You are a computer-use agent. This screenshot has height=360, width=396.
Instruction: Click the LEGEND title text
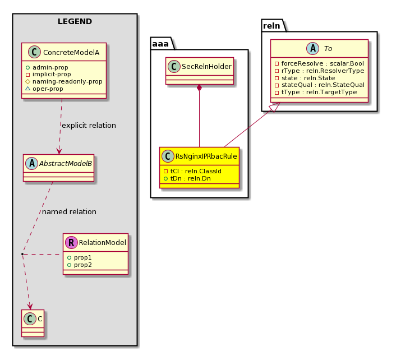pyautogui.click(x=75, y=21)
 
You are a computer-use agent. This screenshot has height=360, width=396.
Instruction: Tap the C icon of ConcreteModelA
pyautogui.click(x=34, y=52)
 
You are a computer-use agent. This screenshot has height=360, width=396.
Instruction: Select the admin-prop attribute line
pyautogui.click(x=47, y=67)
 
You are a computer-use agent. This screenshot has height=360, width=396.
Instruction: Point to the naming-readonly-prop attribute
pyautogui.click(x=64, y=81)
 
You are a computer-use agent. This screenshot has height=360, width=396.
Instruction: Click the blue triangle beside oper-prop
pyautogui.click(x=28, y=89)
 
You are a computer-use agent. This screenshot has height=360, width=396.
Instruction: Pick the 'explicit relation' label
pyautogui.click(x=89, y=126)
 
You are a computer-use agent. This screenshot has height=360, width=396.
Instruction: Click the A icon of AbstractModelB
pyautogui.click(x=32, y=163)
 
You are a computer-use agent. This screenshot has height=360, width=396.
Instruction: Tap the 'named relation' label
pyautogui.click(x=69, y=212)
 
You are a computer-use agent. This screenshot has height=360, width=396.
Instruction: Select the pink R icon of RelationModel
pyautogui.click(x=71, y=242)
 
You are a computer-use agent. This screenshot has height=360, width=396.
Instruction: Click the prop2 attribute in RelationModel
pyautogui.click(x=80, y=265)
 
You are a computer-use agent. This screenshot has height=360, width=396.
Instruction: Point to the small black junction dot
pyautogui.click(x=22, y=253)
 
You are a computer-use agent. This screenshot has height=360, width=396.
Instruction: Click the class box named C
pyautogui.click(x=33, y=323)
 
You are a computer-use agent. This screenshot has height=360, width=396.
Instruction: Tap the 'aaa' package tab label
pyautogui.click(x=160, y=44)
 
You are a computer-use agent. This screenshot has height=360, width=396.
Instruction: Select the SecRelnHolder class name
pyautogui.click(x=206, y=66)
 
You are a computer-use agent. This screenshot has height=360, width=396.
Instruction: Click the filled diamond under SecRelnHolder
pyautogui.click(x=200, y=88)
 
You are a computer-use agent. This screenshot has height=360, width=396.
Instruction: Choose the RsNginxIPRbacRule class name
pyautogui.click(x=206, y=156)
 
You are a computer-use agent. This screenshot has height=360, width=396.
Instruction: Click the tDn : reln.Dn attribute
pyautogui.click(x=187, y=178)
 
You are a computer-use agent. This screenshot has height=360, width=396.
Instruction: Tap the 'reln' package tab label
pyautogui.click(x=271, y=26)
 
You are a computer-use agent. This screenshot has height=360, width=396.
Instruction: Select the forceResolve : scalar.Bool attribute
pyautogui.click(x=320, y=63)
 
